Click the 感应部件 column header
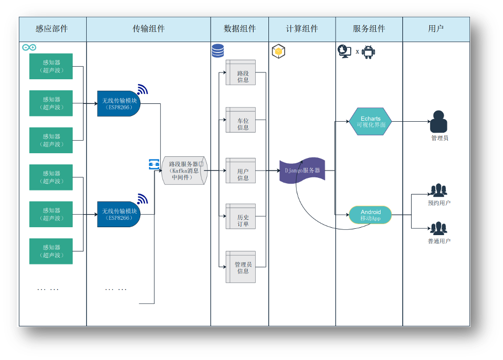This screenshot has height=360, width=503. (52, 29)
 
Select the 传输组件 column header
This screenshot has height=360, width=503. (149, 29)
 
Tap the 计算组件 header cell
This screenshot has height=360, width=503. (302, 29)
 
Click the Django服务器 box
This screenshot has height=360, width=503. (302, 171)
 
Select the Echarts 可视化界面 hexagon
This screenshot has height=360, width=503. (370, 122)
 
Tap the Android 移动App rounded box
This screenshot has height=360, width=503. (370, 215)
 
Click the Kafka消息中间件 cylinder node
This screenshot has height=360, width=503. (184, 171)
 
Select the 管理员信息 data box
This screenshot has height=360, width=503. (241, 267)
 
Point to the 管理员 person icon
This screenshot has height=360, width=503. (439, 122)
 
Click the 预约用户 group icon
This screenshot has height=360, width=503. (439, 190)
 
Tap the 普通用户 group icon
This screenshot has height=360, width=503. (438, 228)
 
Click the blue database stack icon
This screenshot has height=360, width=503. (217, 51)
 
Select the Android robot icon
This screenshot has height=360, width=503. (369, 51)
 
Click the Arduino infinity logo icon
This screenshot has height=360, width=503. (29, 48)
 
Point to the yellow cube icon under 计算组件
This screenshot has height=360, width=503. (278, 51)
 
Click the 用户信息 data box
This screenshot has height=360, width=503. (241, 171)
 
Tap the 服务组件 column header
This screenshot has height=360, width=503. (369, 29)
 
